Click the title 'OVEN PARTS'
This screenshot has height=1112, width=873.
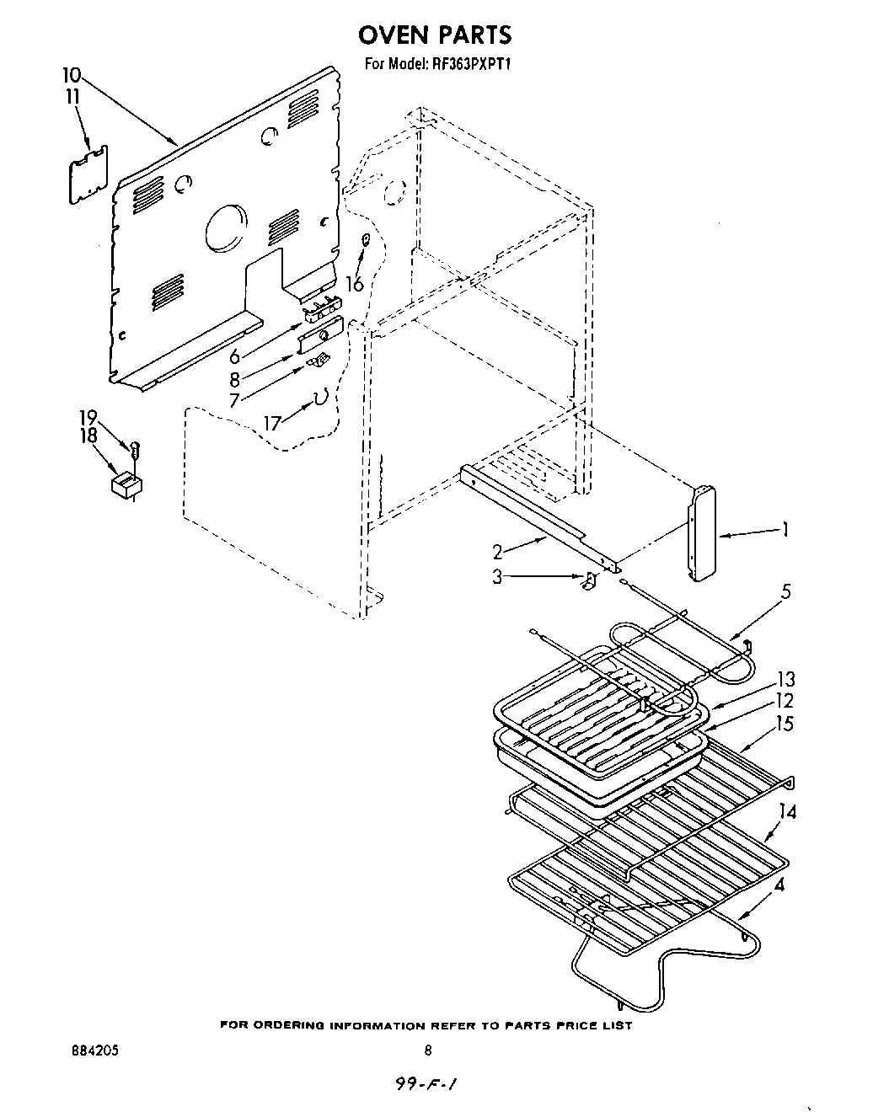(435, 35)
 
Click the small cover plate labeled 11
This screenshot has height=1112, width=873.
(89, 174)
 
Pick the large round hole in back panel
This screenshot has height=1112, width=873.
(227, 225)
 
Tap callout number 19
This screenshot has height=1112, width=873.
(88, 417)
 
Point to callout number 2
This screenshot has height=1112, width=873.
(498, 553)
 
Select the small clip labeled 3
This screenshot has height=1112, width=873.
(590, 580)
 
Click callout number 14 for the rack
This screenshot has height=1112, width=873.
(788, 812)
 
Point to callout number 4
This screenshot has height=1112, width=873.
(781, 885)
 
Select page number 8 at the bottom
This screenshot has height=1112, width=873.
(429, 1051)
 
